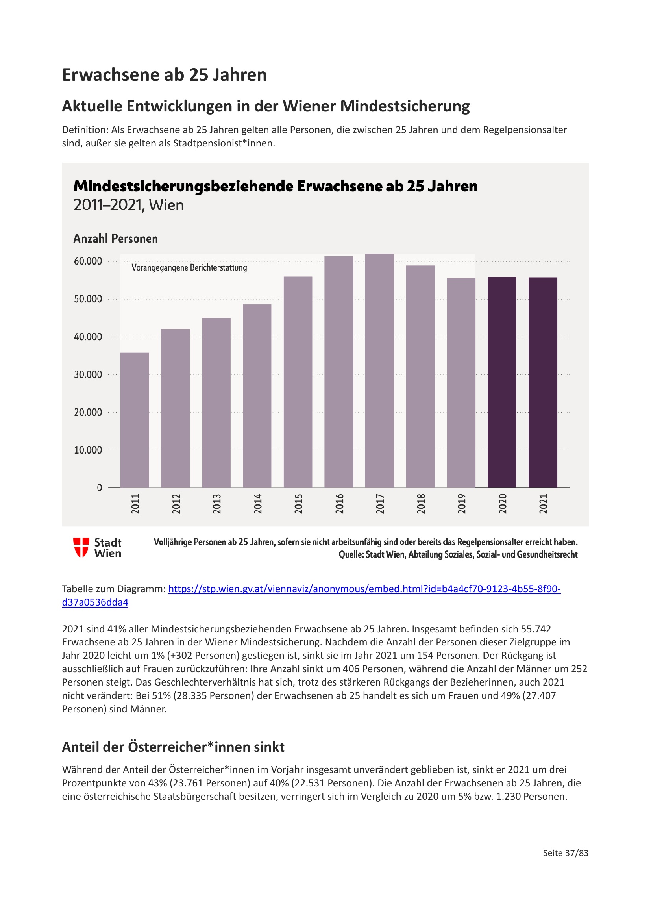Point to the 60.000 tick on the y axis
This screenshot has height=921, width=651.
pos(88,261)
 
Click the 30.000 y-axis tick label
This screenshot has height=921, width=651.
pos(88,374)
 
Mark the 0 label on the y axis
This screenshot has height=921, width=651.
pos(100,488)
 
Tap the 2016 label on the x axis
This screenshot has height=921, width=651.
pos(339,504)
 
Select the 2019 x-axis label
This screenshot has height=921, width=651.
pos(461,504)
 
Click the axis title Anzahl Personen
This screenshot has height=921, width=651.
pos(115,239)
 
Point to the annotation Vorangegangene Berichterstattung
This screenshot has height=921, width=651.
pos(189,267)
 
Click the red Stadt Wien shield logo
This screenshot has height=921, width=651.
pos(81,548)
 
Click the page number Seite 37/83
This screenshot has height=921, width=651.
pos(565,853)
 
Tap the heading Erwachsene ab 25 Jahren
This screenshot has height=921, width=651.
pos(165,75)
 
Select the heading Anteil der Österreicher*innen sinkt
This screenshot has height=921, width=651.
pos(173,747)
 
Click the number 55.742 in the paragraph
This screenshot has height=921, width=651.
pos(536,629)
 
